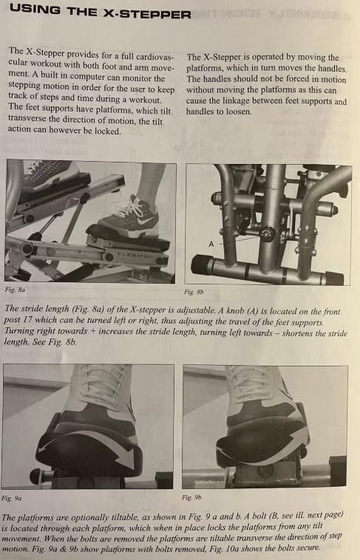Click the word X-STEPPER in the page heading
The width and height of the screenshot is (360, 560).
(146, 13)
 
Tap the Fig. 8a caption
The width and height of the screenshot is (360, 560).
(15, 290)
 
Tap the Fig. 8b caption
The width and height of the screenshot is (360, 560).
(194, 292)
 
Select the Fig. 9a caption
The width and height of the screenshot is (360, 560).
(11, 498)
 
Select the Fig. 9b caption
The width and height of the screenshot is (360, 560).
(191, 497)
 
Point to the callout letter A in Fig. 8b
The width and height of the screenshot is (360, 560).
(211, 244)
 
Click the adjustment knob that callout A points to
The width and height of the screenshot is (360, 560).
(267, 234)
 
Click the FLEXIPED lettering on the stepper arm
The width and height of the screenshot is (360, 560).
(136, 256)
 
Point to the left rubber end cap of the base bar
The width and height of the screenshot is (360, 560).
(201, 265)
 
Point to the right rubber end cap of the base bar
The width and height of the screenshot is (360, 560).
(334, 278)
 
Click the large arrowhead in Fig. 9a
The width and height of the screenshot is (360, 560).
(127, 458)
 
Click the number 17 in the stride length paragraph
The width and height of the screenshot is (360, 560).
(27, 320)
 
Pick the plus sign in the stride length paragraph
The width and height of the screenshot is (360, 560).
(92, 331)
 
